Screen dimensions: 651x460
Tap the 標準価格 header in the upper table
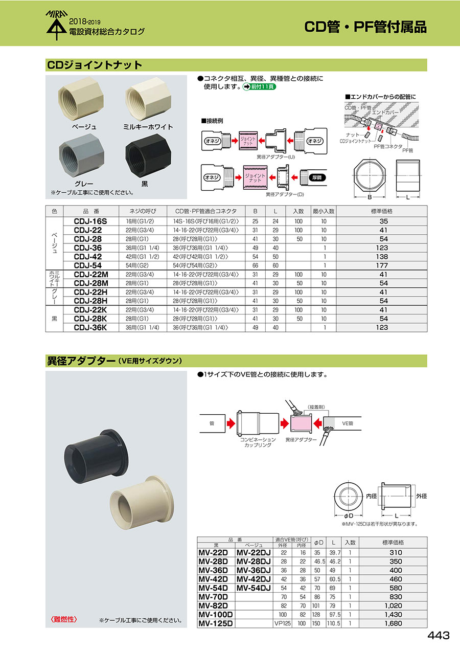click(x=382, y=211)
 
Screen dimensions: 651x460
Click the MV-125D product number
click(x=215, y=623)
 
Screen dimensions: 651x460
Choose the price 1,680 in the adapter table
click(x=393, y=623)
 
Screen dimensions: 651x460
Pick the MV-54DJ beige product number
click(x=254, y=588)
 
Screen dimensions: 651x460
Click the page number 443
click(x=439, y=636)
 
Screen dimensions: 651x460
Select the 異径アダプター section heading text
click(x=81, y=361)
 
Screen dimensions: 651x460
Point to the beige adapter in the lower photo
click(x=134, y=503)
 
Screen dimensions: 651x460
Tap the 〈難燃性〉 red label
click(x=63, y=619)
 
